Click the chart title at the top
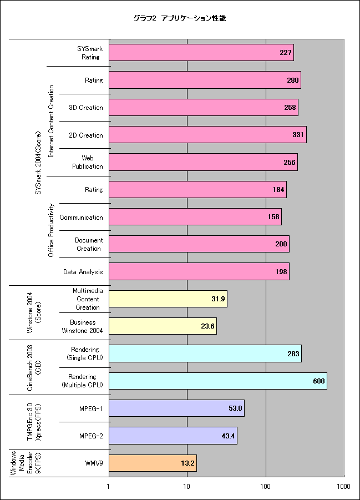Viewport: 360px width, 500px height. coord(180,18)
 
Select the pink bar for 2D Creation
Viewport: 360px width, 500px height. coord(207,134)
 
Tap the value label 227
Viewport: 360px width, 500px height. coord(286,53)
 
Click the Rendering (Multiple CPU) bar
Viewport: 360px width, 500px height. coord(218,381)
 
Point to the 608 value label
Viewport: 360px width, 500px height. coord(319,381)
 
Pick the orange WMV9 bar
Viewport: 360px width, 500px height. coord(153,463)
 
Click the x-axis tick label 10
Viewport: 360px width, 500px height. coord(186,486)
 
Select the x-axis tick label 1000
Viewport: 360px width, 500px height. coord(343,486)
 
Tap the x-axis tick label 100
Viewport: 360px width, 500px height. coord(265,486)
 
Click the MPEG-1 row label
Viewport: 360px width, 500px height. coord(91,408)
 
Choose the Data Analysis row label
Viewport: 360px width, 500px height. coord(83,272)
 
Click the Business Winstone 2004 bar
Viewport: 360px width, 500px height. coord(163,326)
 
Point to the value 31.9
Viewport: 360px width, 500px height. coord(218,299)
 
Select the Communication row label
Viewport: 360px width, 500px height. coord(82,218)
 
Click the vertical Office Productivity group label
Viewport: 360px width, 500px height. coord(50,230)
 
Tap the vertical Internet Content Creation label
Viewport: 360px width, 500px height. coord(50,121)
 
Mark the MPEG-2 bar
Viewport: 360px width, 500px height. coord(173,436)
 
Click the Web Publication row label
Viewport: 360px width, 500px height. coord(88,162)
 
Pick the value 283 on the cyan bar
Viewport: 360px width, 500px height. coord(293,353)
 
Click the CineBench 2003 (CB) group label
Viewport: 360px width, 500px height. coord(34,367)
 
